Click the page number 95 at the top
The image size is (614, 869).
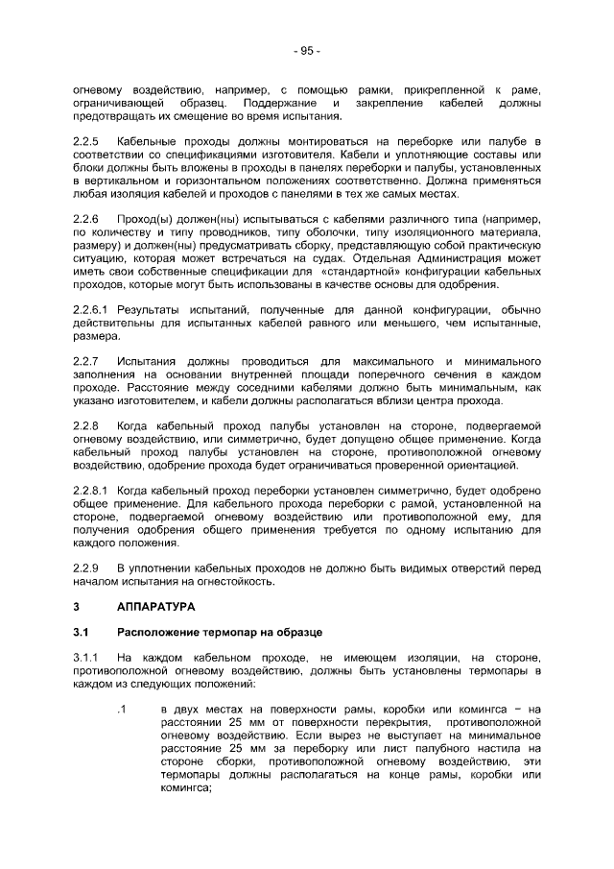[x=307, y=51]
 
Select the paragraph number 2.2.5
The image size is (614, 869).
[x=87, y=141]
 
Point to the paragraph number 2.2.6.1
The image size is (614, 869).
[x=92, y=309]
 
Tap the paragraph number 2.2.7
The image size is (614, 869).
[x=87, y=360]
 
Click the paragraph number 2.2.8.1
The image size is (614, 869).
[x=92, y=489]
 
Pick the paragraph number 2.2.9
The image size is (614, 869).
[x=87, y=567]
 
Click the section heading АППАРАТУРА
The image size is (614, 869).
[x=155, y=608]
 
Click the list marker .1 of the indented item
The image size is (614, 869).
[x=121, y=710]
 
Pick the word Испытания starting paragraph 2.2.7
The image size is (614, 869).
[x=149, y=360]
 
